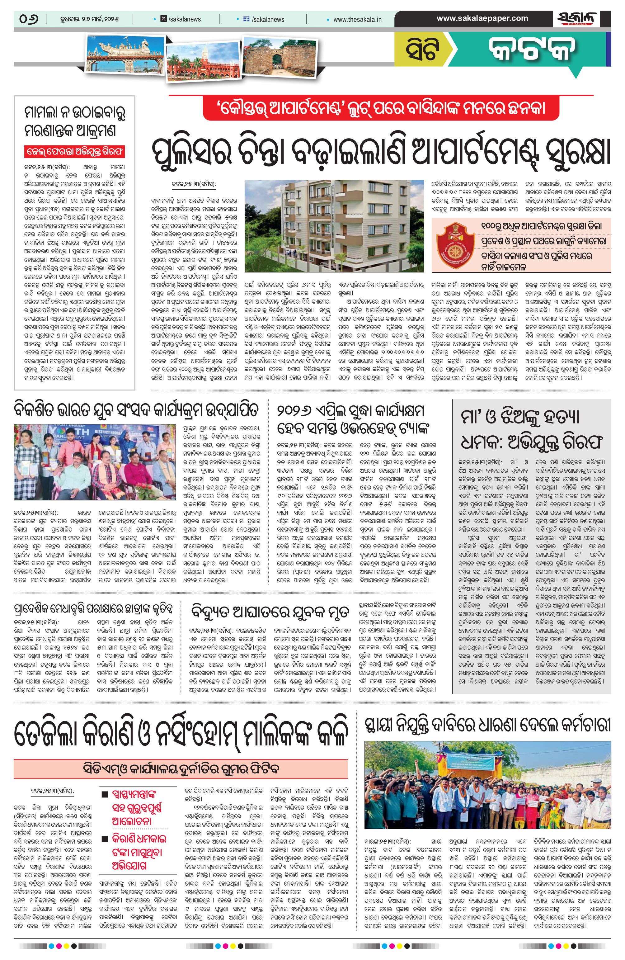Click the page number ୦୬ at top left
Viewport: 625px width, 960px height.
tap(29, 19)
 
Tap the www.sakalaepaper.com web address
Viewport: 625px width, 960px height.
tap(482, 18)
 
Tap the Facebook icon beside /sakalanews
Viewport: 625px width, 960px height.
tap(247, 19)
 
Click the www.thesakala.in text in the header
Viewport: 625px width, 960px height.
tap(358, 19)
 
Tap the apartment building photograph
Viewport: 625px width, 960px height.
tap(334, 225)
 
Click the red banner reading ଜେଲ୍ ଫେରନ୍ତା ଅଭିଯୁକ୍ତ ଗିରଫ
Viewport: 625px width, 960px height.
tap(75, 152)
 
